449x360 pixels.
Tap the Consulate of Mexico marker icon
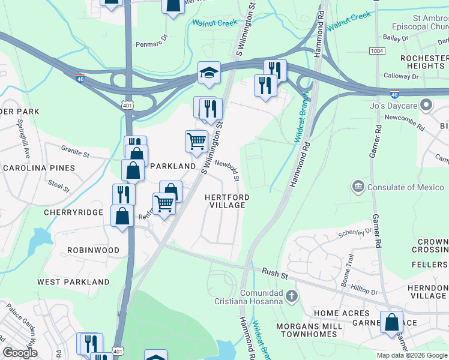point(358,187)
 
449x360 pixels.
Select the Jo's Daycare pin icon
point(427,106)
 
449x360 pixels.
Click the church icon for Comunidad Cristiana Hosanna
point(291,296)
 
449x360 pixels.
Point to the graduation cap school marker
point(209,73)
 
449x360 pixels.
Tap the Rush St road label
point(276,272)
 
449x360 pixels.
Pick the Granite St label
point(75,151)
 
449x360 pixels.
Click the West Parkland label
point(73,281)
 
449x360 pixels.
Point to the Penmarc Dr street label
point(150,43)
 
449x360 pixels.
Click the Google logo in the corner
point(20,353)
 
